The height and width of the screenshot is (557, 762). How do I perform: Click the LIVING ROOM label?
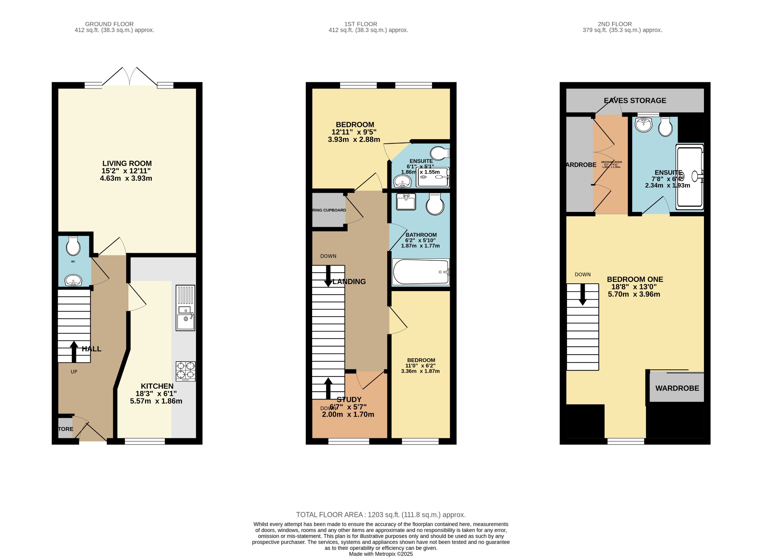[127, 163]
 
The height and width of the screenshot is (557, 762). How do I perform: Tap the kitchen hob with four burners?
[186, 371]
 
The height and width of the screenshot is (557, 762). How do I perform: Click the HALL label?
[92, 349]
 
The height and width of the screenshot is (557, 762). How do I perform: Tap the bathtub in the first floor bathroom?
[421, 272]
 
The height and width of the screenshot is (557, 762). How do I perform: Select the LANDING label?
[349, 282]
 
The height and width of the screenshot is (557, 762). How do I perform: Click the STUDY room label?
[349, 400]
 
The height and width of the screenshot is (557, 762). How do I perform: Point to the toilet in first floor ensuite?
[439, 153]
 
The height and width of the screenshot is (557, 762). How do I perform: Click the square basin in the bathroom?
[406, 202]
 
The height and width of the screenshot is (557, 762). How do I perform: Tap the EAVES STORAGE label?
[635, 101]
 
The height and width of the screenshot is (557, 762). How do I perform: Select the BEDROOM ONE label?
[635, 279]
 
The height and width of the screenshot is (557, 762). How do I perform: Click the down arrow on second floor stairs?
[583, 294]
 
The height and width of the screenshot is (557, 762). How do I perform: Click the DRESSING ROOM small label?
[611, 162]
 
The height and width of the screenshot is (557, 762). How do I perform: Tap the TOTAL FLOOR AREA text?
[381, 515]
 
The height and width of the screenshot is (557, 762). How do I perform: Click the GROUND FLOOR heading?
[109, 24]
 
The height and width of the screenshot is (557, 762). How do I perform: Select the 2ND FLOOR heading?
[615, 24]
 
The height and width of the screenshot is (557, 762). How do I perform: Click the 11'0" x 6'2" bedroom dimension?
[420, 366]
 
